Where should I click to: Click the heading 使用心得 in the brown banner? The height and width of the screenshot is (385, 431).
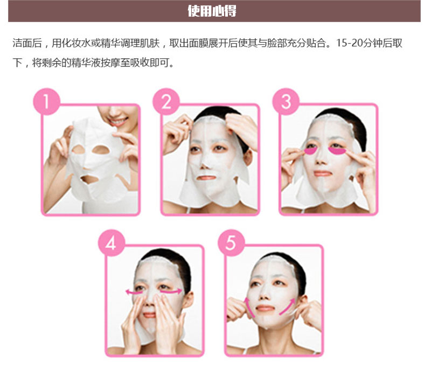click(x=212, y=11)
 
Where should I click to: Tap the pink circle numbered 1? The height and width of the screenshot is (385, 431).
click(x=46, y=101)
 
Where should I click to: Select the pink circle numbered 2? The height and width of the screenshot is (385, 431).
click(x=166, y=101)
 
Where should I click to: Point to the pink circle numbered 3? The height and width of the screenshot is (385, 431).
click(x=286, y=101)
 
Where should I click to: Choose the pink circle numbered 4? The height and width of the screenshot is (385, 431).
click(x=112, y=243)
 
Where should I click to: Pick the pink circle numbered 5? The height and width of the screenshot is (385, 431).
click(x=231, y=243)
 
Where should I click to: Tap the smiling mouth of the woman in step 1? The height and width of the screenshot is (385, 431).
click(x=119, y=122)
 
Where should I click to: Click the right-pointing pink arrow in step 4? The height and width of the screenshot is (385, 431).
click(x=171, y=291)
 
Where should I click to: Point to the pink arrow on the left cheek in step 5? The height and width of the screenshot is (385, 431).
click(x=249, y=307)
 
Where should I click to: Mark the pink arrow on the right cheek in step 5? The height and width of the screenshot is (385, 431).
click(x=287, y=306)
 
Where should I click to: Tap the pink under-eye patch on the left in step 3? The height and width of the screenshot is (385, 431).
click(x=310, y=151)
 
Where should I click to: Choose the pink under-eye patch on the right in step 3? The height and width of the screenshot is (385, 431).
click(x=337, y=151)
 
